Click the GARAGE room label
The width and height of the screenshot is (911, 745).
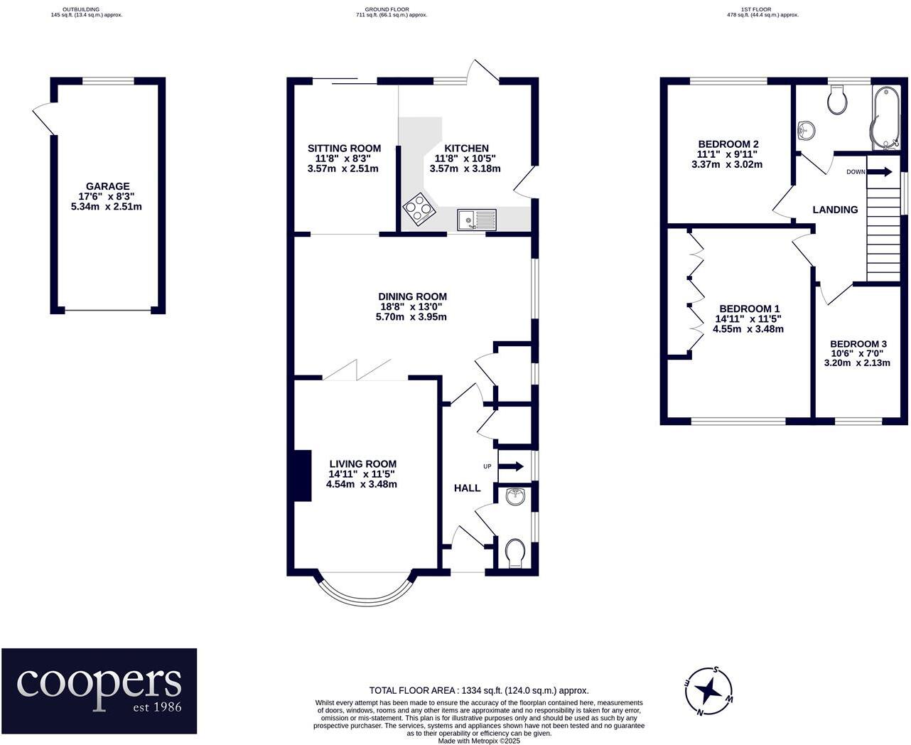click(107, 186)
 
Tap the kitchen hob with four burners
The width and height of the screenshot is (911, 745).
click(419, 208)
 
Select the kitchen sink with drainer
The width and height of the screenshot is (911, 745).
click(477, 219)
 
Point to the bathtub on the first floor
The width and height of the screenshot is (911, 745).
click(886, 118)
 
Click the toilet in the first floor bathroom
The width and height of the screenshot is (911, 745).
click(837, 100)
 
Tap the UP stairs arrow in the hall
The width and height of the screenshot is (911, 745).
click(511, 467)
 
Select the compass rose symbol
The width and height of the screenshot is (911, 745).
click(708, 692)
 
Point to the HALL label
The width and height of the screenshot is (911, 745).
click(467, 488)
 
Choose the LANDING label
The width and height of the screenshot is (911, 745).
click(835, 210)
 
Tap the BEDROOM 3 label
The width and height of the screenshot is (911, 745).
click(858, 344)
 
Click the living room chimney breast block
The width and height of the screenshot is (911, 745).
click(303, 476)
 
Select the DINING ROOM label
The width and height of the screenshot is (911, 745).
click(412, 296)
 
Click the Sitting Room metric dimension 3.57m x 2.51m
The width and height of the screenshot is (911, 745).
click(343, 168)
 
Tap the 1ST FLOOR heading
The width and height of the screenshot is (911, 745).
click(762, 9)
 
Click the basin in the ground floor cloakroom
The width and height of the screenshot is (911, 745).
click(515, 496)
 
